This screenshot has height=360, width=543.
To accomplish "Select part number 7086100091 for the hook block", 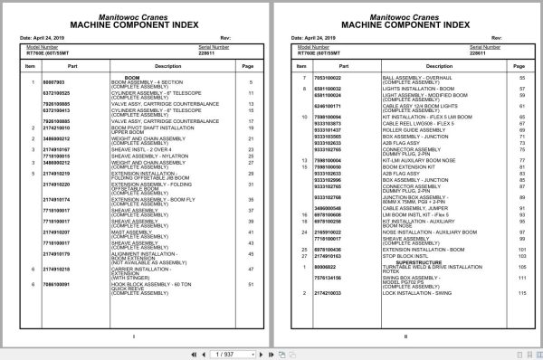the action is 57,283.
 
